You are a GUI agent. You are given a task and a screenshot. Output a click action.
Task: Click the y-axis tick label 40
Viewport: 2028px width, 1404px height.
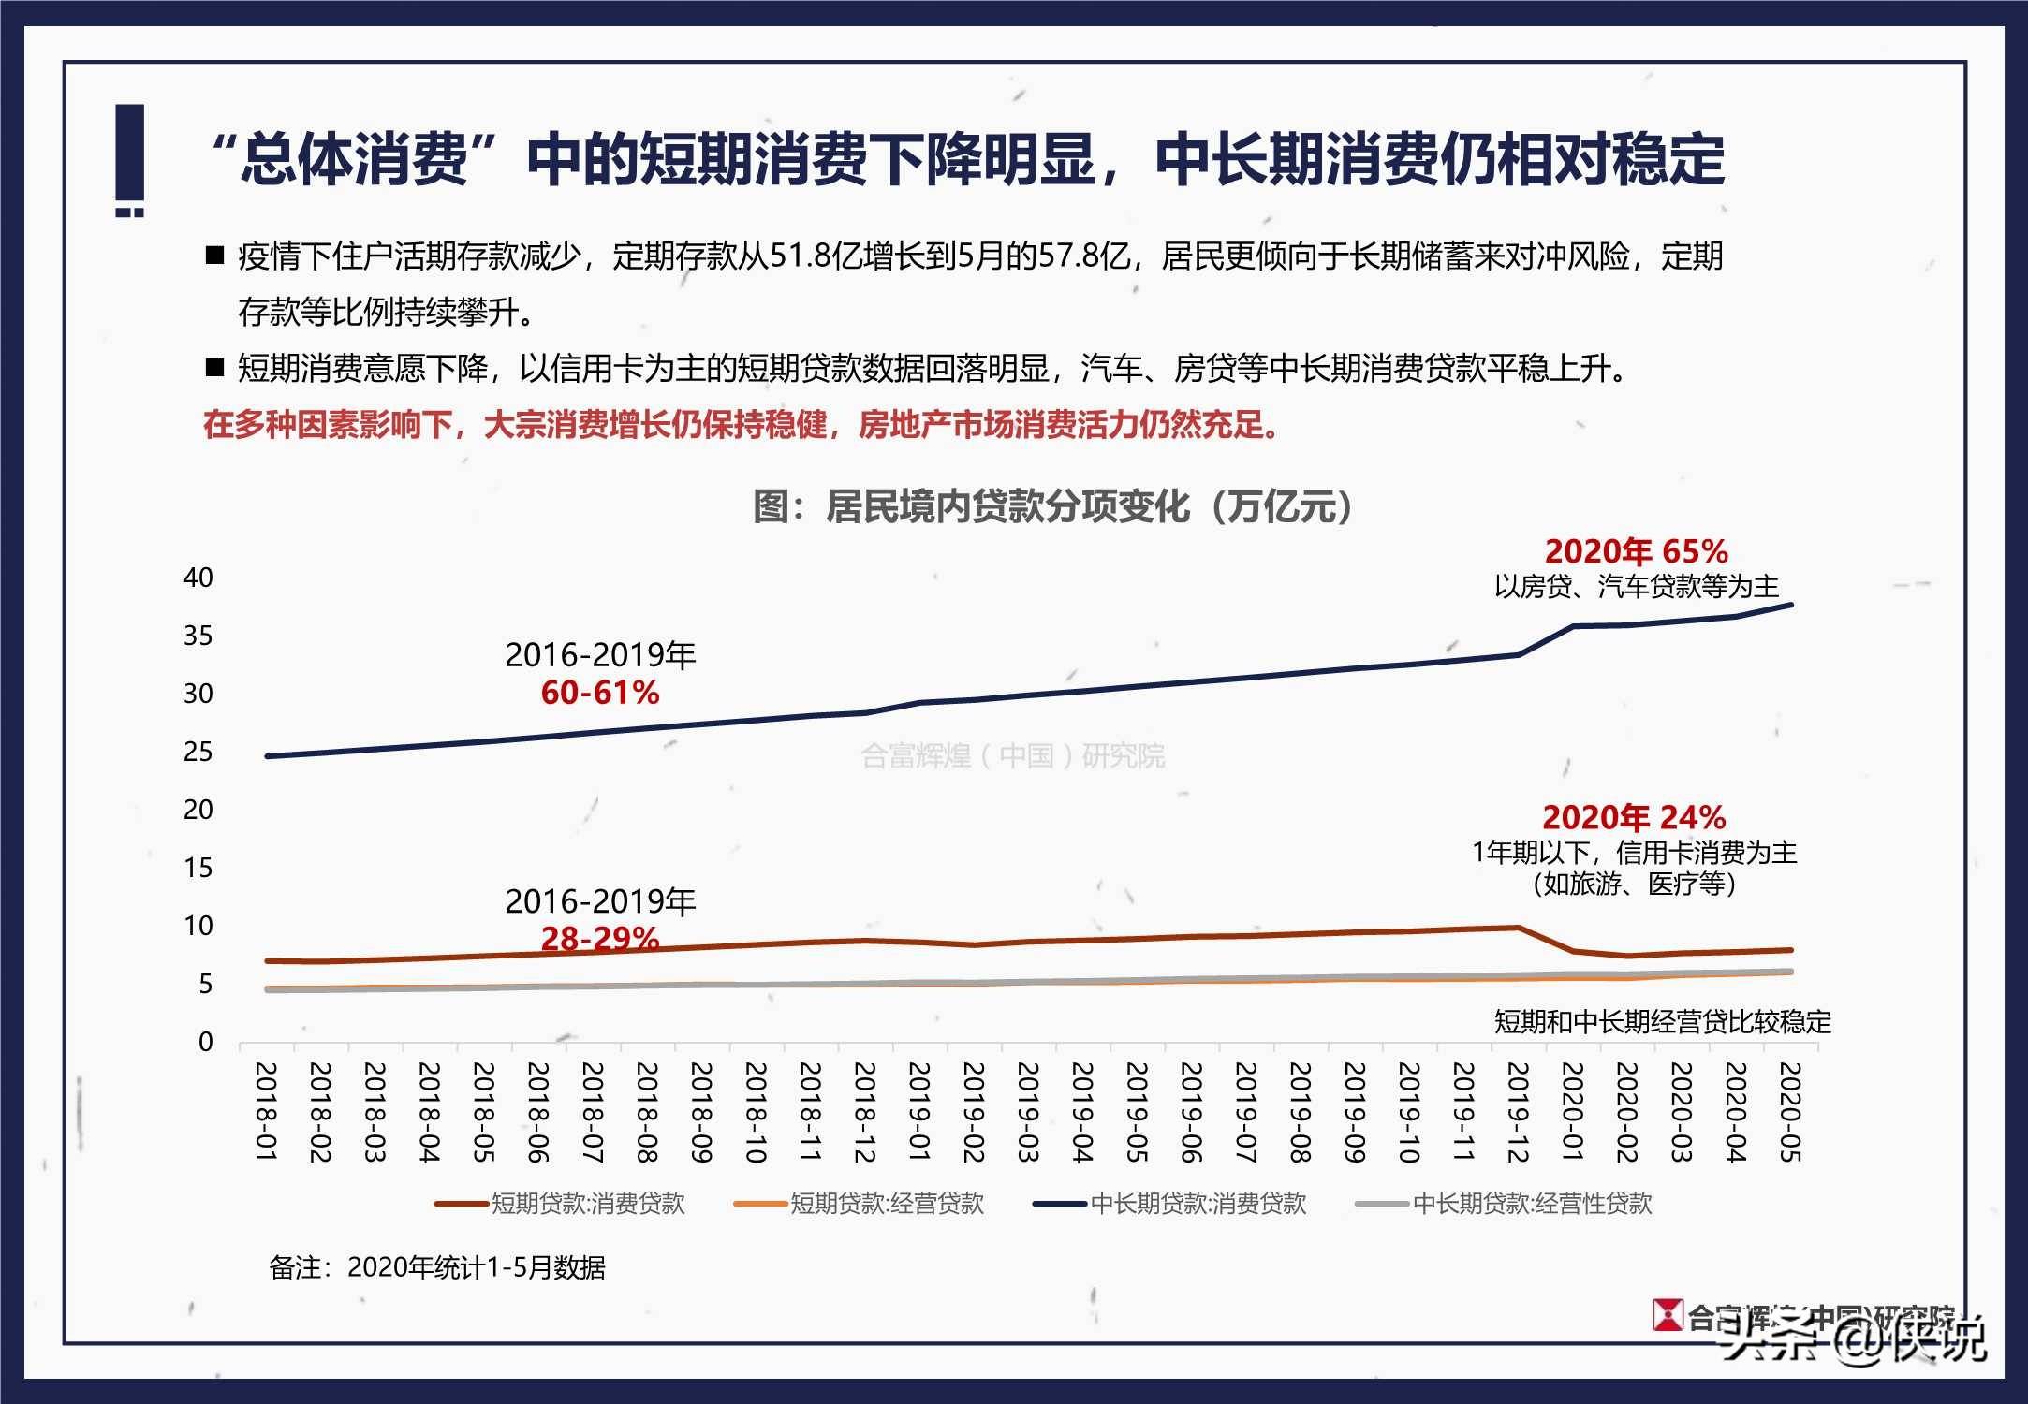(198, 578)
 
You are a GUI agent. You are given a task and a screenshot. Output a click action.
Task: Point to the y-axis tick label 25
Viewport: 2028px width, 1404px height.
(198, 752)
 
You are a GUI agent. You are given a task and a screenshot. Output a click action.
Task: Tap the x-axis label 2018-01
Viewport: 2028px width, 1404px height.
(267, 1112)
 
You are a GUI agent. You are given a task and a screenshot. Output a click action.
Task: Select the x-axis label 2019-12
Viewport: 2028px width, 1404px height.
(1518, 1112)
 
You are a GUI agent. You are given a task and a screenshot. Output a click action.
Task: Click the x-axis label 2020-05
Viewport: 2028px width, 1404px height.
(1789, 1112)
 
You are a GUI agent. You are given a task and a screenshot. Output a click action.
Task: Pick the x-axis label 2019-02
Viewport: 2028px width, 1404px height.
(974, 1112)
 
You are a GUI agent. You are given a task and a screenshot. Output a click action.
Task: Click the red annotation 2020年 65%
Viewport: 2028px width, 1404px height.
(1636, 551)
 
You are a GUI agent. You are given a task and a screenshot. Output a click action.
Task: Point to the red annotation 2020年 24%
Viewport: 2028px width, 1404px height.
(1634, 817)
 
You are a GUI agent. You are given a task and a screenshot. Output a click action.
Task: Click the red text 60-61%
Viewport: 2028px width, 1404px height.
(600, 693)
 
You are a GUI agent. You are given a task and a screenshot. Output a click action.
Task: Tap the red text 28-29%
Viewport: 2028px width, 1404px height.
(600, 938)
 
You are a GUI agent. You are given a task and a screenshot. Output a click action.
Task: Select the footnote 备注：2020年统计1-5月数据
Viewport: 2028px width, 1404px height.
(437, 1267)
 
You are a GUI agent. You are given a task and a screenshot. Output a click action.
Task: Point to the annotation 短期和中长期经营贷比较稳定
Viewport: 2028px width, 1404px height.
(1662, 1021)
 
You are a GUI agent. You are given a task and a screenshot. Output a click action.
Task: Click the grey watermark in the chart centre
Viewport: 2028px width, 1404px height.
(1013, 755)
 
